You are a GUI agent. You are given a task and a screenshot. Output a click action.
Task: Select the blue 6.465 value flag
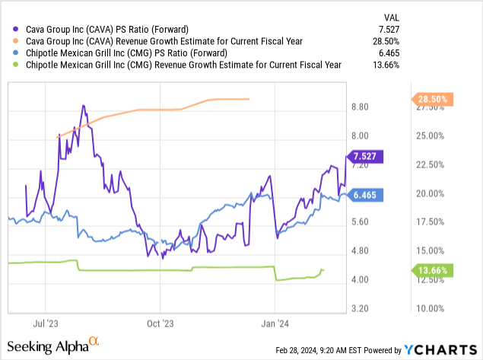coord(367,195)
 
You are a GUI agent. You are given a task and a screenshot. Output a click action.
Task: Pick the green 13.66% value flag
coord(432,270)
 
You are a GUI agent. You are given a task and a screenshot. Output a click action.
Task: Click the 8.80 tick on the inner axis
coord(360,107)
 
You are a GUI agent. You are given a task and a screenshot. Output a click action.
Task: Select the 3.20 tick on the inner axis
coord(360,308)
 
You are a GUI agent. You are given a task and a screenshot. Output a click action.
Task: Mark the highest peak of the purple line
coord(83,106)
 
